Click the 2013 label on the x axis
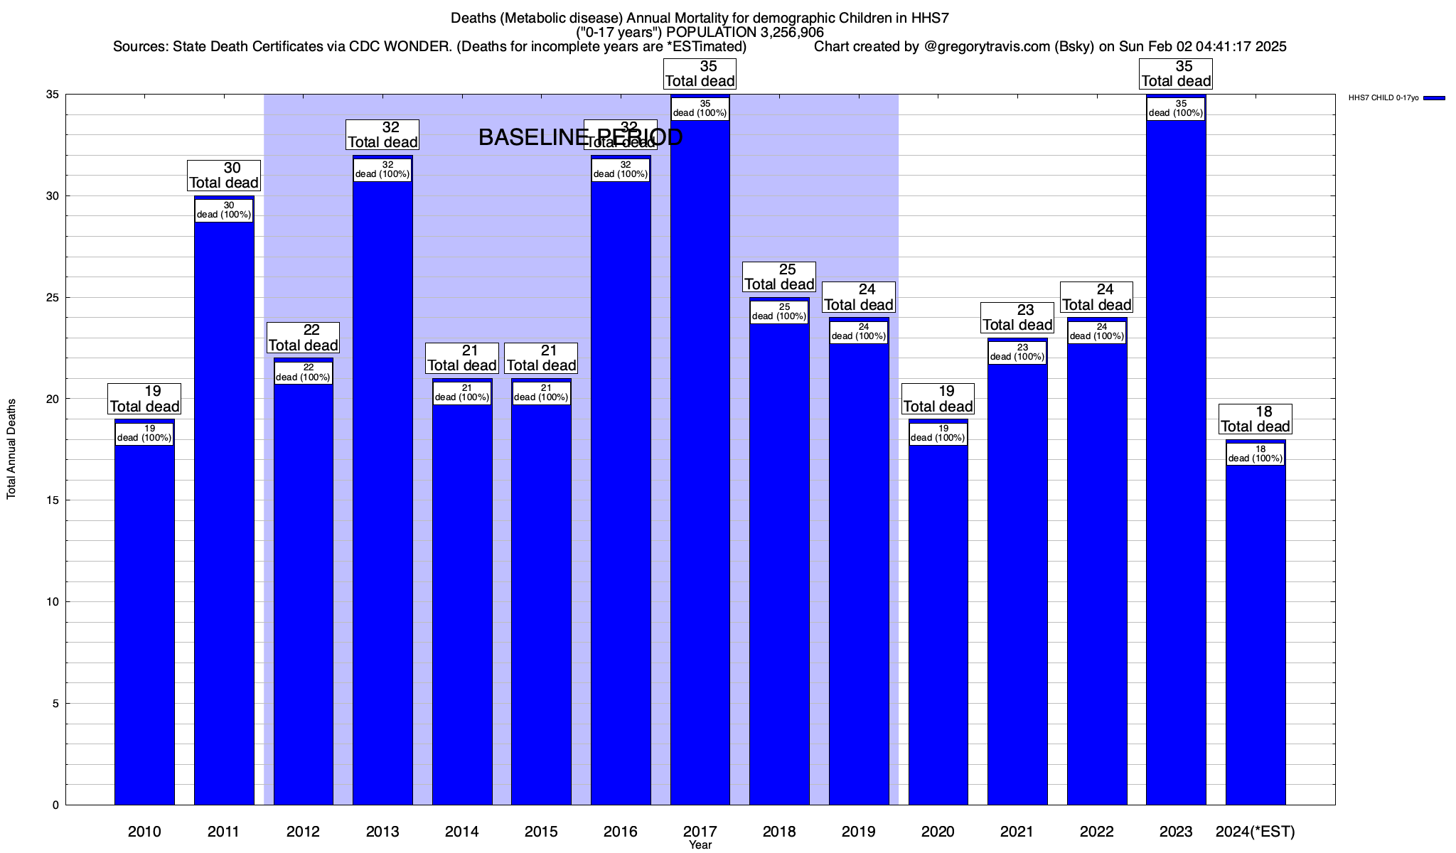[382, 832]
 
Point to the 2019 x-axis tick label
[859, 832]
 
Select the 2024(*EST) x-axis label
[1256, 832]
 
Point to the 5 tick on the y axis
[55, 704]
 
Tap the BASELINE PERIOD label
[580, 137]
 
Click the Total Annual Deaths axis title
[11, 449]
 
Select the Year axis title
[700, 845]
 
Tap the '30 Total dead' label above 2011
[224, 176]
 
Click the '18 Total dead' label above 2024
[1256, 419]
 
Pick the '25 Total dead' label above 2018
[779, 277]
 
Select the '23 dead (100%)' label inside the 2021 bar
[1017, 353]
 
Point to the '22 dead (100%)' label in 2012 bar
[303, 372]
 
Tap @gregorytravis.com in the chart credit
[987, 47]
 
